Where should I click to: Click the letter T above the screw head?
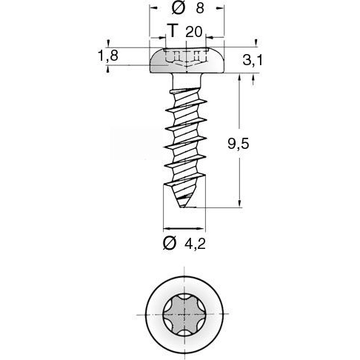(172, 31)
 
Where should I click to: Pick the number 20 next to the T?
(194, 31)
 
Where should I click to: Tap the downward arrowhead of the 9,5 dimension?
(240, 205)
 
